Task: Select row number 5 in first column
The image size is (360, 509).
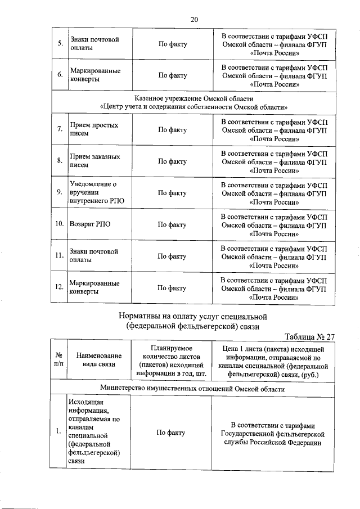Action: (x=59, y=44)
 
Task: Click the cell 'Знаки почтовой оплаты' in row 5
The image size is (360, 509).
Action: (x=93, y=44)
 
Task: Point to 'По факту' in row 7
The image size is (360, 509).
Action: (x=172, y=130)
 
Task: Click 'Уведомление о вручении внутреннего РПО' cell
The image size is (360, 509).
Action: (x=93, y=193)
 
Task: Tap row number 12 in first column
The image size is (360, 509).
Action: (x=59, y=287)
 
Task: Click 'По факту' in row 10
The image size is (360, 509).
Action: (x=172, y=224)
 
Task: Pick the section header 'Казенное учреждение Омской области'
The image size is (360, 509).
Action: (x=194, y=98)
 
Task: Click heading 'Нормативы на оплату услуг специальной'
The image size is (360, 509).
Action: (x=193, y=316)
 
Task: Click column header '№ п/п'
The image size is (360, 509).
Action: (x=59, y=360)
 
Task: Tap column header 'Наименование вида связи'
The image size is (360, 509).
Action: (x=99, y=360)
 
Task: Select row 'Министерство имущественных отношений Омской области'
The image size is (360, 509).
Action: (x=194, y=388)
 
